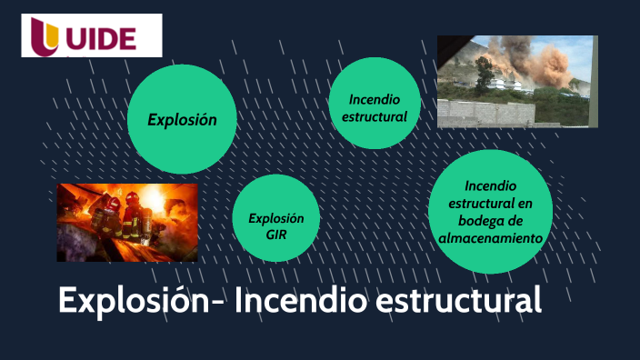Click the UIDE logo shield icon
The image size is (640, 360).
point(45,35)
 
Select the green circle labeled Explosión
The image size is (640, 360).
point(183,119)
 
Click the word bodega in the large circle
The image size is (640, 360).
point(491,221)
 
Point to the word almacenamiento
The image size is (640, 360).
point(491,237)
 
